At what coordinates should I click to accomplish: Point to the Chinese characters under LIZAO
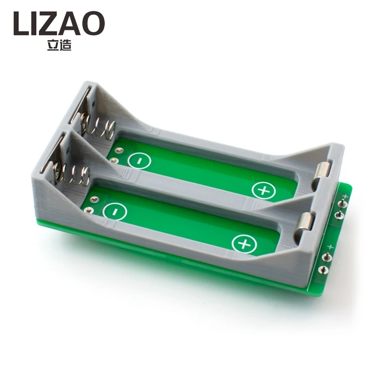(x=60, y=45)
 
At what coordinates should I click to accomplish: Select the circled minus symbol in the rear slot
(x=139, y=161)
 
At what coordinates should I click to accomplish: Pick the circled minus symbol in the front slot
(x=115, y=212)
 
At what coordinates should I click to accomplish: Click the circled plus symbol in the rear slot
(x=263, y=190)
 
